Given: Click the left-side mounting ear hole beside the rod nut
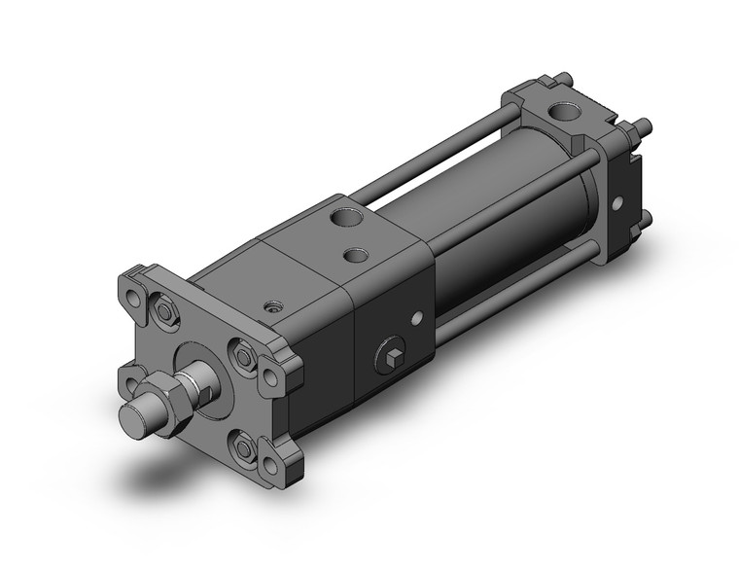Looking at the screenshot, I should pos(129,375).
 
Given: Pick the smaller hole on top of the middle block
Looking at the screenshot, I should pos(357,255).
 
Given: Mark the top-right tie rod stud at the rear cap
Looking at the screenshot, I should pos(643,125).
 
